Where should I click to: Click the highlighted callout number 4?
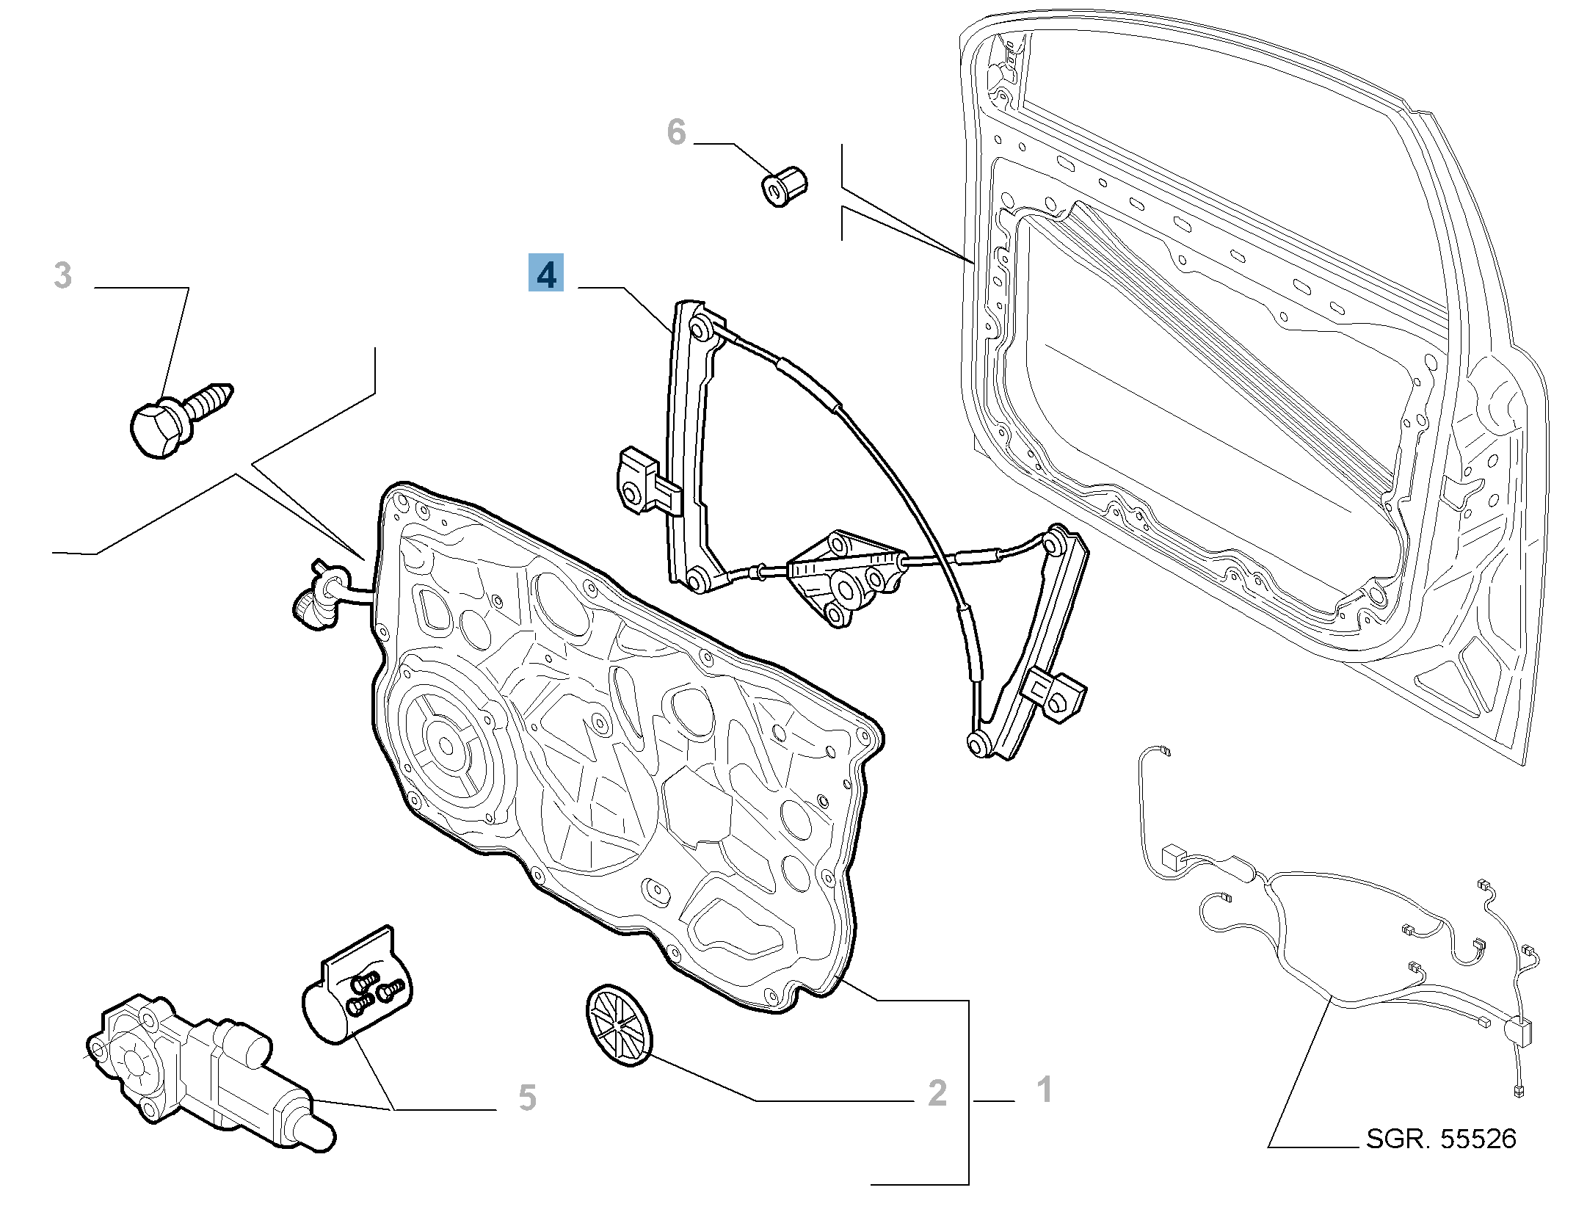tap(546, 273)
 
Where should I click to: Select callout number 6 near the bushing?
tap(676, 133)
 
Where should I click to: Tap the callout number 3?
tap(64, 276)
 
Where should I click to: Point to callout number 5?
tap(527, 1098)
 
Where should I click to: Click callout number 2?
tap(937, 1093)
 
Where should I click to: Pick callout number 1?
tap(1044, 1089)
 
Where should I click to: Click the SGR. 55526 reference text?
tap(1440, 1139)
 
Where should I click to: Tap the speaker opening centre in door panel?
tap(446, 746)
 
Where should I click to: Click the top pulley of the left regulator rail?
tap(699, 328)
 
